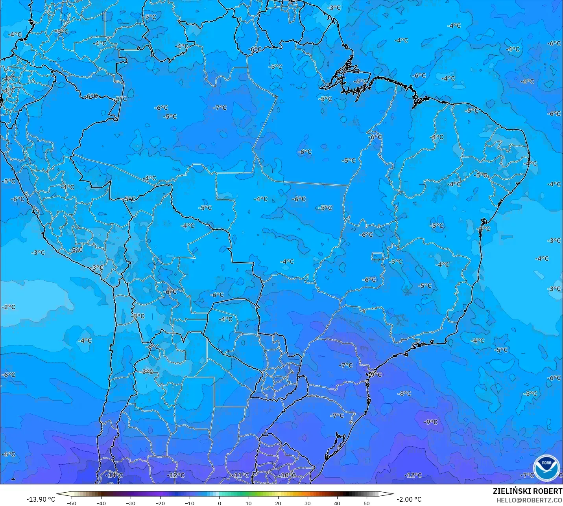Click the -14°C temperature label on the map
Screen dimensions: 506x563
coord(114,475)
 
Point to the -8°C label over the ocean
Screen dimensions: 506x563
coord(404,394)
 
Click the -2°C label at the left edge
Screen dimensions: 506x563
coord(8,307)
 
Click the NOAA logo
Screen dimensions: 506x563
coord(546,467)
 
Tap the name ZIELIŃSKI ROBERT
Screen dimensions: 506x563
coord(528,491)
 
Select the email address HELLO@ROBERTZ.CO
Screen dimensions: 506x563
coord(529,500)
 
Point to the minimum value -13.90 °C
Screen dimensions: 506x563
coord(41,499)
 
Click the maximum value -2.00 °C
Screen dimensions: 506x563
coord(409,499)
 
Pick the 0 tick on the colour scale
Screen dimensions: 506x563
coord(219,503)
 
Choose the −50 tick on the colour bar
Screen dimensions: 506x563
coord(72,503)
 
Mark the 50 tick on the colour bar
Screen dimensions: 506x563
coord(367,503)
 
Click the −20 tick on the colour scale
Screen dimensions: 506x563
coord(160,503)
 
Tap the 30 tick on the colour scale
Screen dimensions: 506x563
coord(308,503)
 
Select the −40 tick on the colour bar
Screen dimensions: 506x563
coord(101,503)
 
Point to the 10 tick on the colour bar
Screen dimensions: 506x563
coord(249,503)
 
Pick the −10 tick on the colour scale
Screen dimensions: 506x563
coord(190,503)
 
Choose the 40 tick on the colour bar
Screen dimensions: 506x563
coord(337,503)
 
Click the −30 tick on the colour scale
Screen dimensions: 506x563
coord(131,503)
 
